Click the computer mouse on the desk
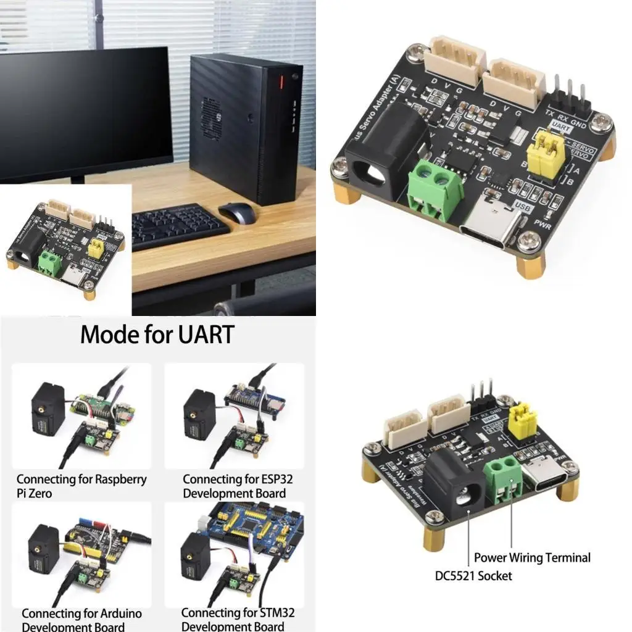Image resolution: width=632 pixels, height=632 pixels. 238,213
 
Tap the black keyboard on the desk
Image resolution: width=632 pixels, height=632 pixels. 179,225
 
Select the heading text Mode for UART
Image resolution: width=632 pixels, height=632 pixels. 157,335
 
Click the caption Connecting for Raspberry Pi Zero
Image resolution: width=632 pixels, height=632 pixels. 81,486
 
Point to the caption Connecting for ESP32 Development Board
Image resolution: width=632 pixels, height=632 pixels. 235,486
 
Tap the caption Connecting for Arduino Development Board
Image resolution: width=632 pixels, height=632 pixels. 81,620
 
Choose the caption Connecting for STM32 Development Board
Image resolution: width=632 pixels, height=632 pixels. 238,619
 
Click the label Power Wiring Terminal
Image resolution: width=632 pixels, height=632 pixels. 532,558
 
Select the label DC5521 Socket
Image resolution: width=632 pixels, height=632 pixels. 473,576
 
